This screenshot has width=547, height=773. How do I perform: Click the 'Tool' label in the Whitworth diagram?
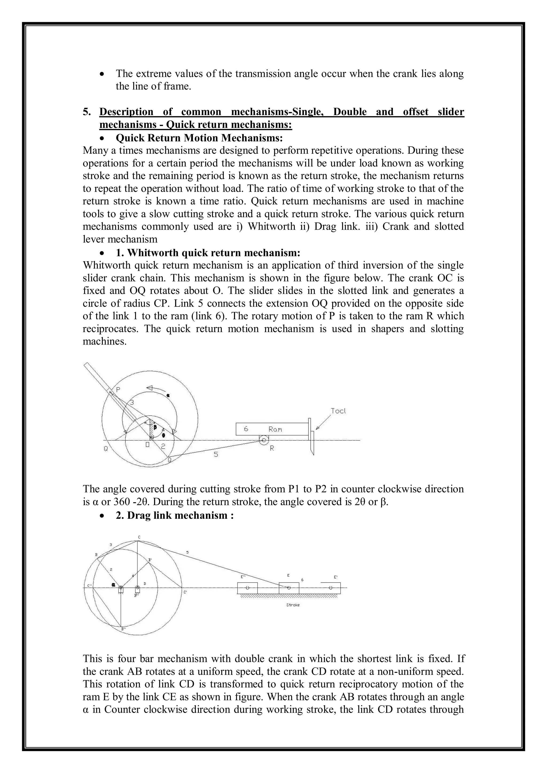tap(338, 411)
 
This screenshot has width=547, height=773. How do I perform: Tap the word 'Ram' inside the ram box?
tap(275, 429)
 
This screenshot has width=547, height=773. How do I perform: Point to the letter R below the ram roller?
tap(272, 449)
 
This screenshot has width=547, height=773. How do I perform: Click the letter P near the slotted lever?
tap(118, 390)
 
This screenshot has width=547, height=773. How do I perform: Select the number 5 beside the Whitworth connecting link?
tap(216, 454)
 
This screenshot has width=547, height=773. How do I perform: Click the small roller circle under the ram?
tap(264, 440)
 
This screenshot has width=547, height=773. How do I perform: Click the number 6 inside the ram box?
tap(246, 429)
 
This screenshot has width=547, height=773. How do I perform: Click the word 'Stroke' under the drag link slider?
tap(293, 605)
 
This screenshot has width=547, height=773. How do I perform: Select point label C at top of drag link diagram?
tap(139, 537)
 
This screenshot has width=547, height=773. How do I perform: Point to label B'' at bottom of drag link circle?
tap(124, 628)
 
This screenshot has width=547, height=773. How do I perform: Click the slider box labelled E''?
tap(248, 588)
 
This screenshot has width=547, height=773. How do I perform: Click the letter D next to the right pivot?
tap(145, 583)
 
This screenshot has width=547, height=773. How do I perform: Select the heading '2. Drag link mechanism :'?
tap(174, 515)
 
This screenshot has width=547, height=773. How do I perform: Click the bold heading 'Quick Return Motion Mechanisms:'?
tap(199, 138)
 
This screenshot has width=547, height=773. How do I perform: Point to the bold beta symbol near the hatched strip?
tap(155, 427)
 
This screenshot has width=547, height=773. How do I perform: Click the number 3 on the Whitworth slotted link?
tap(132, 403)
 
